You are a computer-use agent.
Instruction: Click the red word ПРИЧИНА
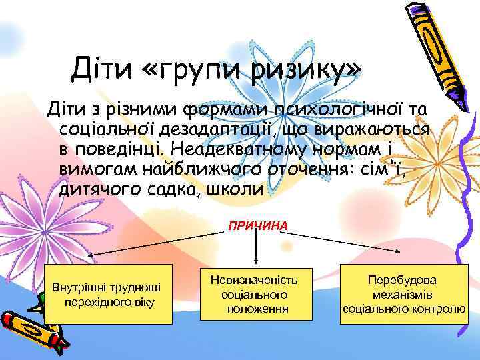coord(258,226)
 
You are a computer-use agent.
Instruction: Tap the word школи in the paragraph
coord(235,188)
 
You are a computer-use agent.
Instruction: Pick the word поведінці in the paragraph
coord(130,147)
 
